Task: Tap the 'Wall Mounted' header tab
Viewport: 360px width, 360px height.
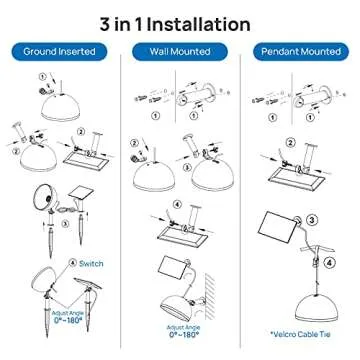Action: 179,50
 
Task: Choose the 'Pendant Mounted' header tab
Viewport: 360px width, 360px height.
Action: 300,50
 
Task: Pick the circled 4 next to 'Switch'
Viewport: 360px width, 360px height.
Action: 72,263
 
